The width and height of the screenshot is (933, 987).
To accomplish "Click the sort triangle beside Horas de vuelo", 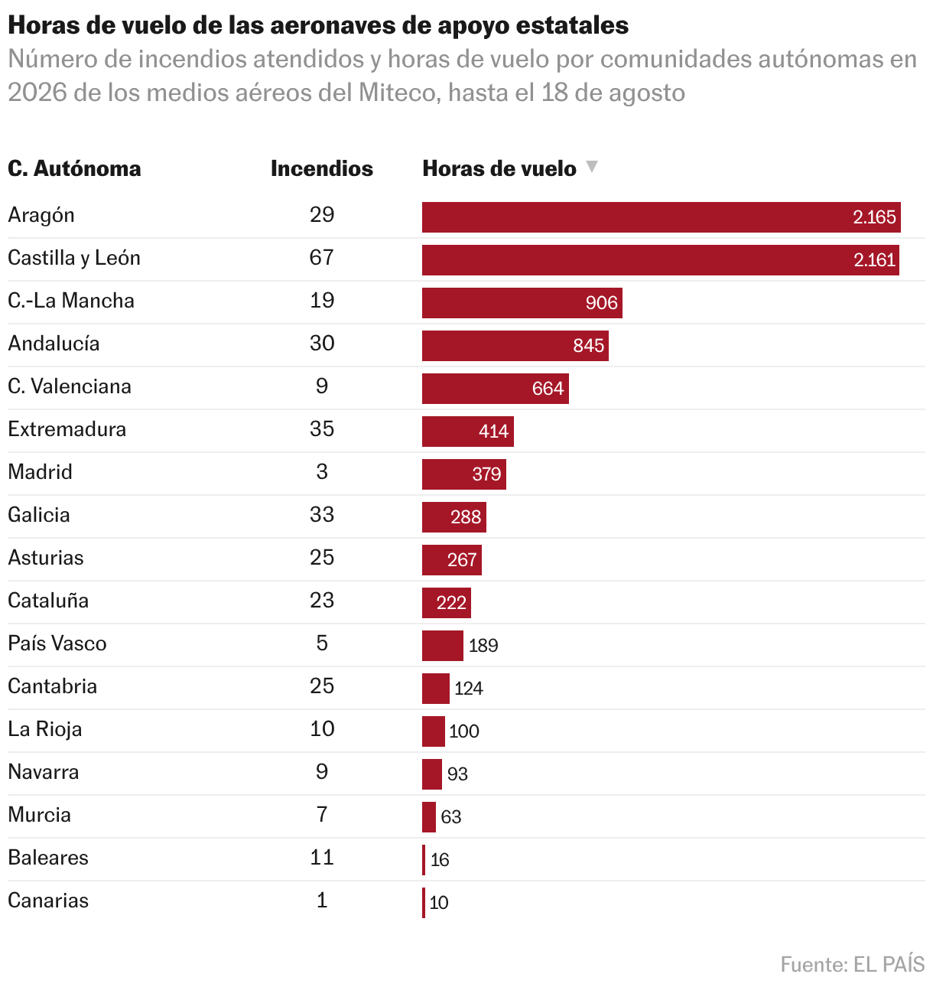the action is [x=592, y=166].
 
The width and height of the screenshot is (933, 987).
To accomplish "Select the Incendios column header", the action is [x=322, y=168].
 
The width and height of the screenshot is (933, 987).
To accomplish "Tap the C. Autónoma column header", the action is [x=74, y=168].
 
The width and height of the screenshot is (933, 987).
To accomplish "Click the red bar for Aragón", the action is [x=661, y=217].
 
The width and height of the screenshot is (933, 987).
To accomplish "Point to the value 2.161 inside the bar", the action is [x=874, y=260].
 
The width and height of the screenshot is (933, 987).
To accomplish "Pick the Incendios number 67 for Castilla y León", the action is [x=322, y=258].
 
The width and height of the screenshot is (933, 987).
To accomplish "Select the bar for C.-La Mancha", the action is [x=522, y=303].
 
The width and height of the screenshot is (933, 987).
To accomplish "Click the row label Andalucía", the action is [x=54, y=344].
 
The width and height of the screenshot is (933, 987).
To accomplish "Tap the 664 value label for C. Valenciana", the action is [x=548, y=389].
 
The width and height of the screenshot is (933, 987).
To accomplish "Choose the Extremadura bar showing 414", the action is [x=468, y=432].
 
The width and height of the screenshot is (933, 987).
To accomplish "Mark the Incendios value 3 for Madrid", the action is [x=322, y=472].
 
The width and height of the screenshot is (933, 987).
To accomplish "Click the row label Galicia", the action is [x=39, y=515].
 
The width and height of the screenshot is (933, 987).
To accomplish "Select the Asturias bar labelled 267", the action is [x=452, y=560].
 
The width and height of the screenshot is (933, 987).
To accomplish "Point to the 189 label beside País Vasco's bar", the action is [x=483, y=646].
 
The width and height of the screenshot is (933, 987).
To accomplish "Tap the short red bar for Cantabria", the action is [x=436, y=689].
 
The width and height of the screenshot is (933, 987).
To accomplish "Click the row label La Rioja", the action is [x=44, y=729].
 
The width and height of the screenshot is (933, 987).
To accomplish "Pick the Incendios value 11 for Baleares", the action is [x=322, y=858].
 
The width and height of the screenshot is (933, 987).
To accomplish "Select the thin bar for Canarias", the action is [x=424, y=903].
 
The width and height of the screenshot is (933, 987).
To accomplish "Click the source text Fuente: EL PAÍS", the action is [x=852, y=964].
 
